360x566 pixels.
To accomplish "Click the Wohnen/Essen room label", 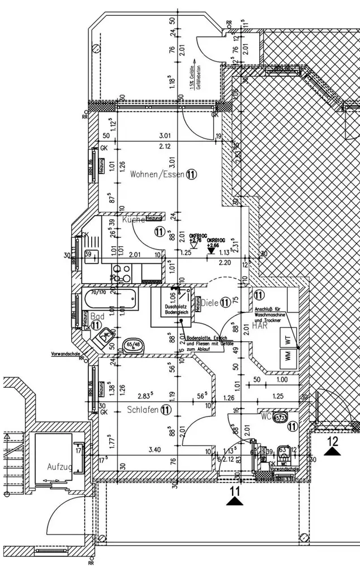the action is (x=157, y=174).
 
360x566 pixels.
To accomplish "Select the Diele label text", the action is (x=209, y=303).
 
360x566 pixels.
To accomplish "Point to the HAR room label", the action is (x=260, y=326).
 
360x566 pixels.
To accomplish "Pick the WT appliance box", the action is (x=287, y=341).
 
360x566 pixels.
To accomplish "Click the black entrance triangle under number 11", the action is (x=234, y=500).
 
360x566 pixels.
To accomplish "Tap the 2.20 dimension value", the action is (x=225, y=263).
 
